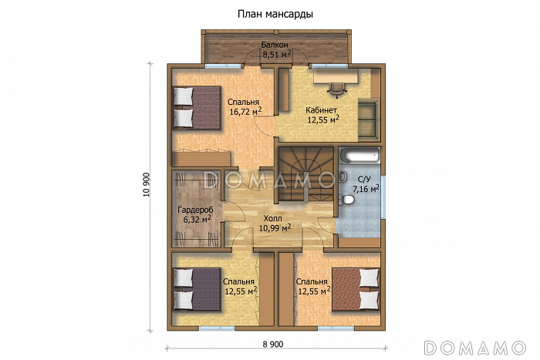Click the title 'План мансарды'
[275, 15]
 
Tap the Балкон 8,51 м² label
[276, 49]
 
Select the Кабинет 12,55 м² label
[322, 115]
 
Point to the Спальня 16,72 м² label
[245, 106]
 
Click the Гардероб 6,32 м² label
[195, 214]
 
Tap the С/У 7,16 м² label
[366, 183]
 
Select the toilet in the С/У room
[346, 199]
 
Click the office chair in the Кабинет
[336, 87]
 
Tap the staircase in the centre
[305, 174]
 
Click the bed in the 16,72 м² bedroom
[197, 107]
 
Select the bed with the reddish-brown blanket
[356, 290]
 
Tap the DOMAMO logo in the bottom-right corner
[474, 348]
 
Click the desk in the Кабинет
[336, 76]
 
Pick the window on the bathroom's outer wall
[383, 197]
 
